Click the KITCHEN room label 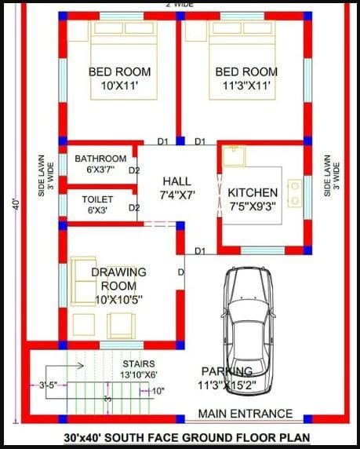[x=253, y=193]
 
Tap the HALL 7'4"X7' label [x=177, y=188]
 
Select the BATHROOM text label [x=100, y=159]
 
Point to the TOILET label [x=97, y=199]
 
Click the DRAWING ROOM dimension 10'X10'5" [x=118, y=300]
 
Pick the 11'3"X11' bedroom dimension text [x=246, y=86]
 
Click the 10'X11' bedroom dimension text [x=120, y=86]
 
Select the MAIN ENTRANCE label [x=245, y=414]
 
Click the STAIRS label [x=139, y=363]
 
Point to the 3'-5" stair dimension [x=48, y=385]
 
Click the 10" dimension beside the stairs [x=158, y=391]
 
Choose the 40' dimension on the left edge [x=16, y=204]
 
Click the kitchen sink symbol [x=234, y=155]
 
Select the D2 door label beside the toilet [x=134, y=207]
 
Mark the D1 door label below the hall [x=200, y=251]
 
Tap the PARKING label [x=227, y=371]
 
